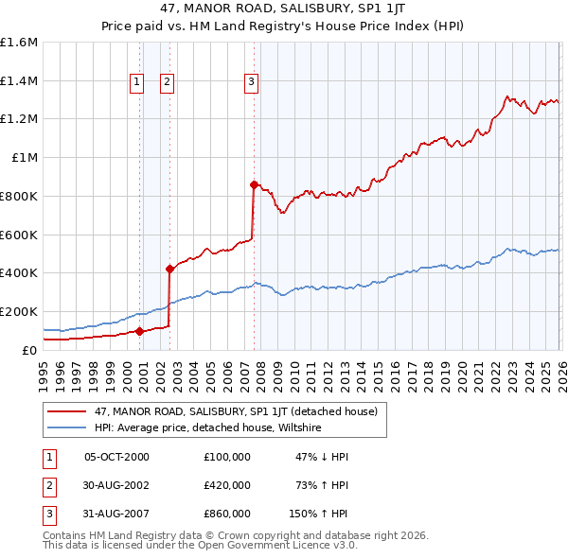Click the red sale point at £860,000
click(254, 184)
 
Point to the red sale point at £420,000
click(169, 269)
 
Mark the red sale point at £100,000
click(139, 331)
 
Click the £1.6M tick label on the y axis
click(19, 43)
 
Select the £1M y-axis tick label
click(24, 158)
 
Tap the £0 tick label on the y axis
click(28, 350)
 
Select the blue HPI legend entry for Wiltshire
click(207, 427)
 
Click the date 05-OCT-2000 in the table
click(116, 457)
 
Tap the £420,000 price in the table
click(227, 485)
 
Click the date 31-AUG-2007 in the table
click(116, 514)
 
